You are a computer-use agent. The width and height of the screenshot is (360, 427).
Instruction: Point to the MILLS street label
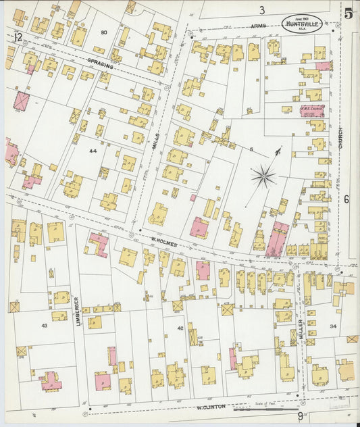(155, 141)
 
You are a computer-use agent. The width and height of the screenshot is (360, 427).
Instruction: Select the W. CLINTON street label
(210, 407)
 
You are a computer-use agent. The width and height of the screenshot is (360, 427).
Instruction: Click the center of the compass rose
(263, 178)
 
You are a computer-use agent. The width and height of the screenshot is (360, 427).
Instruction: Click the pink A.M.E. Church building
(312, 110)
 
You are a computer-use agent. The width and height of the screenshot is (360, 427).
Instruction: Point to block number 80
(104, 32)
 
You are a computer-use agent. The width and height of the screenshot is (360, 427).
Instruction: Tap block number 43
(44, 325)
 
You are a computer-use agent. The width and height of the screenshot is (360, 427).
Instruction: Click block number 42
(180, 328)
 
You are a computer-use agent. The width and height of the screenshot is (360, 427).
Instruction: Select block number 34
(332, 326)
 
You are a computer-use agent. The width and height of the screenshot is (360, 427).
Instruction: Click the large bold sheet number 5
(348, 14)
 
